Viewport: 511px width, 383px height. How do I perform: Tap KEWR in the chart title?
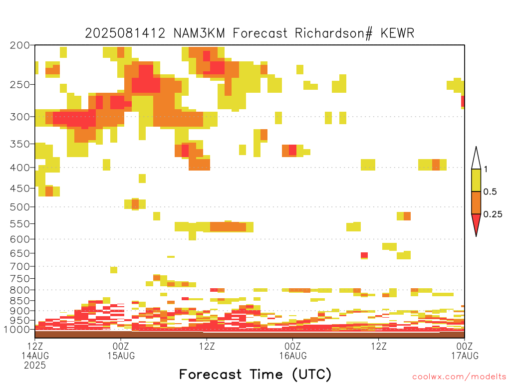point(397,33)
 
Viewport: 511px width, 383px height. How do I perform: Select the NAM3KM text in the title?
point(199,33)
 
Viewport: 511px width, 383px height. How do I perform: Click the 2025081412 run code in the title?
point(125,33)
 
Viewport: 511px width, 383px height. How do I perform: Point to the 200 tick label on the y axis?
point(20,45)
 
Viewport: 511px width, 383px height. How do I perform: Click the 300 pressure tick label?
point(20,117)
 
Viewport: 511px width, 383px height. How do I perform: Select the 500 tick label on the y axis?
point(20,207)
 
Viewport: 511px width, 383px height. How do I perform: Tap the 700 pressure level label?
point(20,266)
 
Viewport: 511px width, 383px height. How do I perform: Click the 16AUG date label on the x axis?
point(293,356)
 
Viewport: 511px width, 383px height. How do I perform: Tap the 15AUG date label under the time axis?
point(121,356)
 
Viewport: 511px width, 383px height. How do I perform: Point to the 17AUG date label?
point(465,356)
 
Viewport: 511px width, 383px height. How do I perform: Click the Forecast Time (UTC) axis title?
point(255,374)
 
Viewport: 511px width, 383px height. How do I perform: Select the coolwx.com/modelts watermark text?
point(459,377)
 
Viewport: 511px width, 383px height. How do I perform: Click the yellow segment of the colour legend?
point(476,180)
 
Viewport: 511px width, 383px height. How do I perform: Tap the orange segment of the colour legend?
point(476,202)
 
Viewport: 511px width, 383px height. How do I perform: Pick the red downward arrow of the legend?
point(476,223)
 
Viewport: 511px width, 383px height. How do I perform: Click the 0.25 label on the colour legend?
point(493,214)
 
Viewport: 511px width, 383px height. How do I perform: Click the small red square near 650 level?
point(364,255)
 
